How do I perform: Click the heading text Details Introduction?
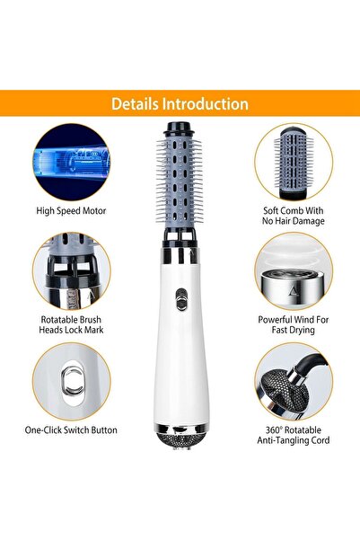coord(180,104)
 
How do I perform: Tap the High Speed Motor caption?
coord(71,211)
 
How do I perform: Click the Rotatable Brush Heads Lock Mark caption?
coord(71,323)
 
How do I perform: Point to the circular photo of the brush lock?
coord(71,271)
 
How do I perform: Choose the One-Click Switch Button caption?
coord(71,430)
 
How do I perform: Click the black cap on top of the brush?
coord(180,128)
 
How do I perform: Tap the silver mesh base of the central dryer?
coord(180,440)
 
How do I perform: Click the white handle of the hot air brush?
coord(180,359)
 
